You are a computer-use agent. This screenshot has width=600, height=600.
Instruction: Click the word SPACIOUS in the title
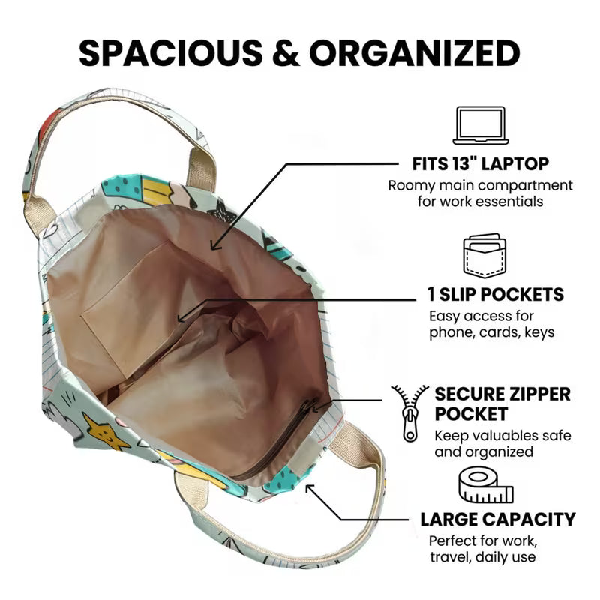click(x=171, y=52)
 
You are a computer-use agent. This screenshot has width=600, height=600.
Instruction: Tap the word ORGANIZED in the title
click(x=415, y=52)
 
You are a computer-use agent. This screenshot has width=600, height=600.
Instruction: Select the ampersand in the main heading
click(x=286, y=52)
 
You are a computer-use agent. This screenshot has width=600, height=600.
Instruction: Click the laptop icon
click(x=481, y=125)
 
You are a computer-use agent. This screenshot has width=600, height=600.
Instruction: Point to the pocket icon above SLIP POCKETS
click(x=484, y=255)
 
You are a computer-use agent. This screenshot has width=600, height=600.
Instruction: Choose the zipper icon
click(x=409, y=413)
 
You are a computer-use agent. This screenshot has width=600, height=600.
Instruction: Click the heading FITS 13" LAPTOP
click(x=481, y=164)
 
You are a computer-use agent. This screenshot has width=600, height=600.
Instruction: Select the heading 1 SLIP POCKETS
click(x=496, y=294)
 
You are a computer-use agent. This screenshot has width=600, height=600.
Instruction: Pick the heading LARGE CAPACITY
click(x=498, y=520)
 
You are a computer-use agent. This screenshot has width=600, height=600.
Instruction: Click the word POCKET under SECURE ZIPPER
click(x=471, y=414)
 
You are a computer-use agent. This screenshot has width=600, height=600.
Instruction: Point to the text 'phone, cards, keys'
click(x=492, y=331)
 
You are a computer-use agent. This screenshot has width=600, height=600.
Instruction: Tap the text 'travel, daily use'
click(x=482, y=556)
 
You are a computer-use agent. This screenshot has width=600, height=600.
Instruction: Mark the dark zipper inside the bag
click(x=274, y=440)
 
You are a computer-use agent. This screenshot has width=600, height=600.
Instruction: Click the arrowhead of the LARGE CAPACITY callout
click(x=310, y=489)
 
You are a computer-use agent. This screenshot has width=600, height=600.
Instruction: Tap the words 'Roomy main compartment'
click(x=480, y=185)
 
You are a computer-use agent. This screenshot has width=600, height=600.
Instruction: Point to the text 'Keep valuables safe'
click(x=502, y=436)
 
